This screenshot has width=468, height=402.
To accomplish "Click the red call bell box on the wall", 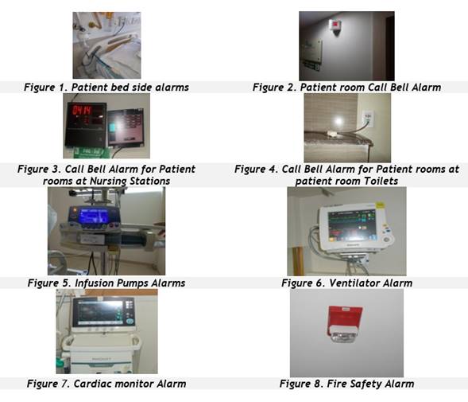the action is (336, 25).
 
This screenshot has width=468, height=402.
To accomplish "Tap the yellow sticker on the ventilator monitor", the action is (380, 205).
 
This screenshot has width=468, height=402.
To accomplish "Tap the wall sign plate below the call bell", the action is (311, 53).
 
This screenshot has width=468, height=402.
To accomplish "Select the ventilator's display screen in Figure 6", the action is (351, 225).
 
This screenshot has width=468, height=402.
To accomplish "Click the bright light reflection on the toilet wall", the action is (338, 121).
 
